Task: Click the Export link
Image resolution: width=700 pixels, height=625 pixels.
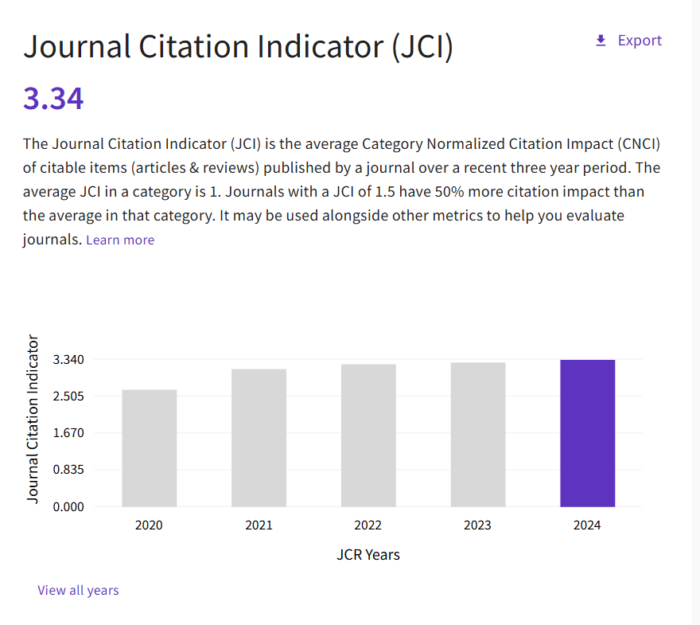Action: pyautogui.click(x=640, y=41)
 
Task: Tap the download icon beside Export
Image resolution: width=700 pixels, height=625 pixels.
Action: pyautogui.click(x=601, y=41)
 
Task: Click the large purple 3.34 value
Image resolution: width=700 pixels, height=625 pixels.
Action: pyautogui.click(x=53, y=98)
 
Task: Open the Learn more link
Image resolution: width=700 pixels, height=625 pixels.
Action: pyautogui.click(x=120, y=240)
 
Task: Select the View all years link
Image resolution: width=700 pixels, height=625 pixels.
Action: pyautogui.click(x=78, y=590)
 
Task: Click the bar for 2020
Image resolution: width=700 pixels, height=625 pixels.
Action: pyautogui.click(x=149, y=448)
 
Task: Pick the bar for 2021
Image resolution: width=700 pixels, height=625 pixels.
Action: pyautogui.click(x=259, y=438)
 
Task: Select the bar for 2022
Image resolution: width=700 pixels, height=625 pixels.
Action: pyautogui.click(x=368, y=436)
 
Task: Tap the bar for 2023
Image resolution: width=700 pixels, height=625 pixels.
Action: pyautogui.click(x=478, y=435)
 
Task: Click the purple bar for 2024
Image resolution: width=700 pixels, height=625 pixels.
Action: pyautogui.click(x=588, y=433)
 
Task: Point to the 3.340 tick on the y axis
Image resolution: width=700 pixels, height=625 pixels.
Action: pyautogui.click(x=68, y=360)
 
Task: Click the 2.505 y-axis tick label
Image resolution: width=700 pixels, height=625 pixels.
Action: pyautogui.click(x=68, y=396)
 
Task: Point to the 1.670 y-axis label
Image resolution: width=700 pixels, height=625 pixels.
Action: pyautogui.click(x=68, y=433)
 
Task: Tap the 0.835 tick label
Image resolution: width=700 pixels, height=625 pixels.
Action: pyautogui.click(x=68, y=470)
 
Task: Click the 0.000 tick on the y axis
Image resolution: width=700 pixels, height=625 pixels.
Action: pyautogui.click(x=68, y=507)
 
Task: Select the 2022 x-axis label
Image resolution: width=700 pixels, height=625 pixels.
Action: pyautogui.click(x=367, y=525)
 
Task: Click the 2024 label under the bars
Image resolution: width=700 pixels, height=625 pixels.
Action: pyautogui.click(x=587, y=525)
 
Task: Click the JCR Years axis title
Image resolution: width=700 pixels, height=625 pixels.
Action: pyautogui.click(x=368, y=555)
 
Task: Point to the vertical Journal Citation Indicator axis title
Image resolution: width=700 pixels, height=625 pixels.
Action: pyautogui.click(x=33, y=419)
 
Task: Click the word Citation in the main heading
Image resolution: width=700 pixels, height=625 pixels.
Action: pyautogui.click(x=194, y=46)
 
